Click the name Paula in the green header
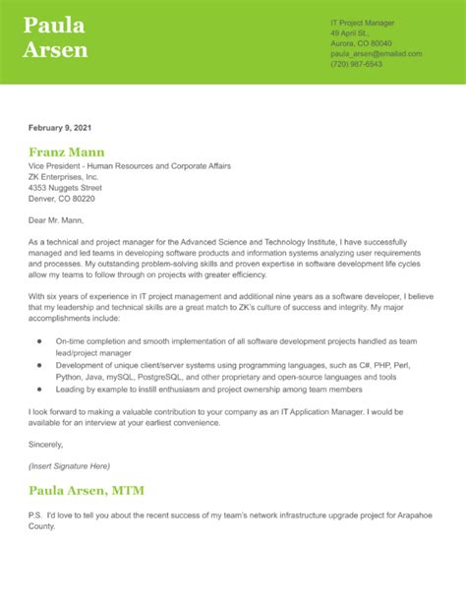coord(54,25)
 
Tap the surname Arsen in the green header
coord(56,49)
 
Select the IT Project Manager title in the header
coord(363,21)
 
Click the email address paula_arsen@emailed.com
coord(376,54)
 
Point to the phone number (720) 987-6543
coord(357,65)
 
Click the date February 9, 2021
coord(61,128)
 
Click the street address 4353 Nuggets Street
coord(66,187)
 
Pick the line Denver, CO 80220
coord(62,198)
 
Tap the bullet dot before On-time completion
coord(39,339)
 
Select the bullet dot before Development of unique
coord(39,363)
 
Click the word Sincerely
coord(50,444)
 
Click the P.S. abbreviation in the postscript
coord(37,515)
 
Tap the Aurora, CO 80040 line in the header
coord(361,43)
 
